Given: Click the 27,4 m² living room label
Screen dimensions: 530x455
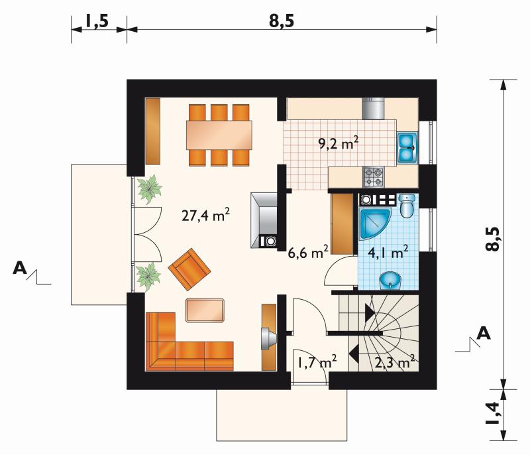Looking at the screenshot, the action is coord(205,215).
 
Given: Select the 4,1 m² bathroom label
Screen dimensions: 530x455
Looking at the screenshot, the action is coord(388,252).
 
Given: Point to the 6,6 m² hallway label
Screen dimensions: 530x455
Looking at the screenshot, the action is coord(308,252).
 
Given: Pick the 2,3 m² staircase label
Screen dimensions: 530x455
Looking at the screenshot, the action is coord(395,362).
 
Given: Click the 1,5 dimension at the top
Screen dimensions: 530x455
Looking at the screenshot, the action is coord(96,21).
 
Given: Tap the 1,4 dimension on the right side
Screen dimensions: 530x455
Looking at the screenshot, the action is coord(492,413).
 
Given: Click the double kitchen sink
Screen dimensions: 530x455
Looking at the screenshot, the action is coord(407,148).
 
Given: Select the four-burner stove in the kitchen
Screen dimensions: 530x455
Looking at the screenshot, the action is coord(374,176).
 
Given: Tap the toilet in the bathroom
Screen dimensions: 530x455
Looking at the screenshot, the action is coord(407,206).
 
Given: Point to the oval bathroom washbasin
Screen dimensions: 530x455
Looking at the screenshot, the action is coord(390,281).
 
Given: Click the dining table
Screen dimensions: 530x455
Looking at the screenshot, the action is coord(219,135).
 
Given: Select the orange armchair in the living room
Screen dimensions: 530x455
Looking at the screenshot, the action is coord(189,269).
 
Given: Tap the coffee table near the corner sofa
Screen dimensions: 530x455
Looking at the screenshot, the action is coord(205,310).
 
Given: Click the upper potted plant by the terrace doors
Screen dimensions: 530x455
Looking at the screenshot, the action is coord(150,189).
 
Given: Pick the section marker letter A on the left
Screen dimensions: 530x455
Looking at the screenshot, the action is coord(20,268).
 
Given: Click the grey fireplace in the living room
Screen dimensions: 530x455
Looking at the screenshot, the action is coord(264,220).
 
